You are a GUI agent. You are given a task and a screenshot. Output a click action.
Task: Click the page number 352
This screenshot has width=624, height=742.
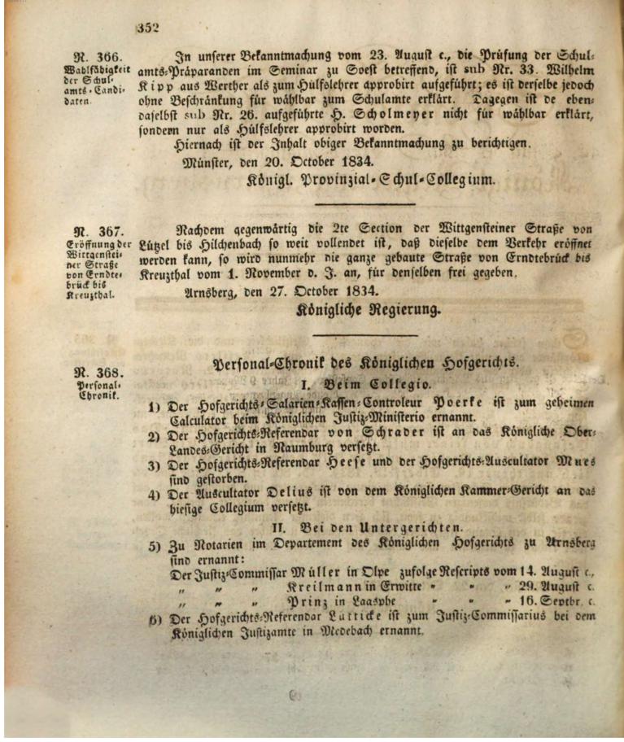(x=146, y=28)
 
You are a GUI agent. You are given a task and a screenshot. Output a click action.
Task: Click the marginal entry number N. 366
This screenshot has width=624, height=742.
(x=97, y=57)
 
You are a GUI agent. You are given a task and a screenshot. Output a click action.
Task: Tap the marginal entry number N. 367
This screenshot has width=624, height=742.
(x=98, y=230)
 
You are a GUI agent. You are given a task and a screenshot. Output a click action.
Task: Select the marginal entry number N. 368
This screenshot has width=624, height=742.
(x=97, y=373)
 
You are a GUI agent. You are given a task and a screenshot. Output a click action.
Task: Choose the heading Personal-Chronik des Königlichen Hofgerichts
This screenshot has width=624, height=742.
(x=364, y=364)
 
